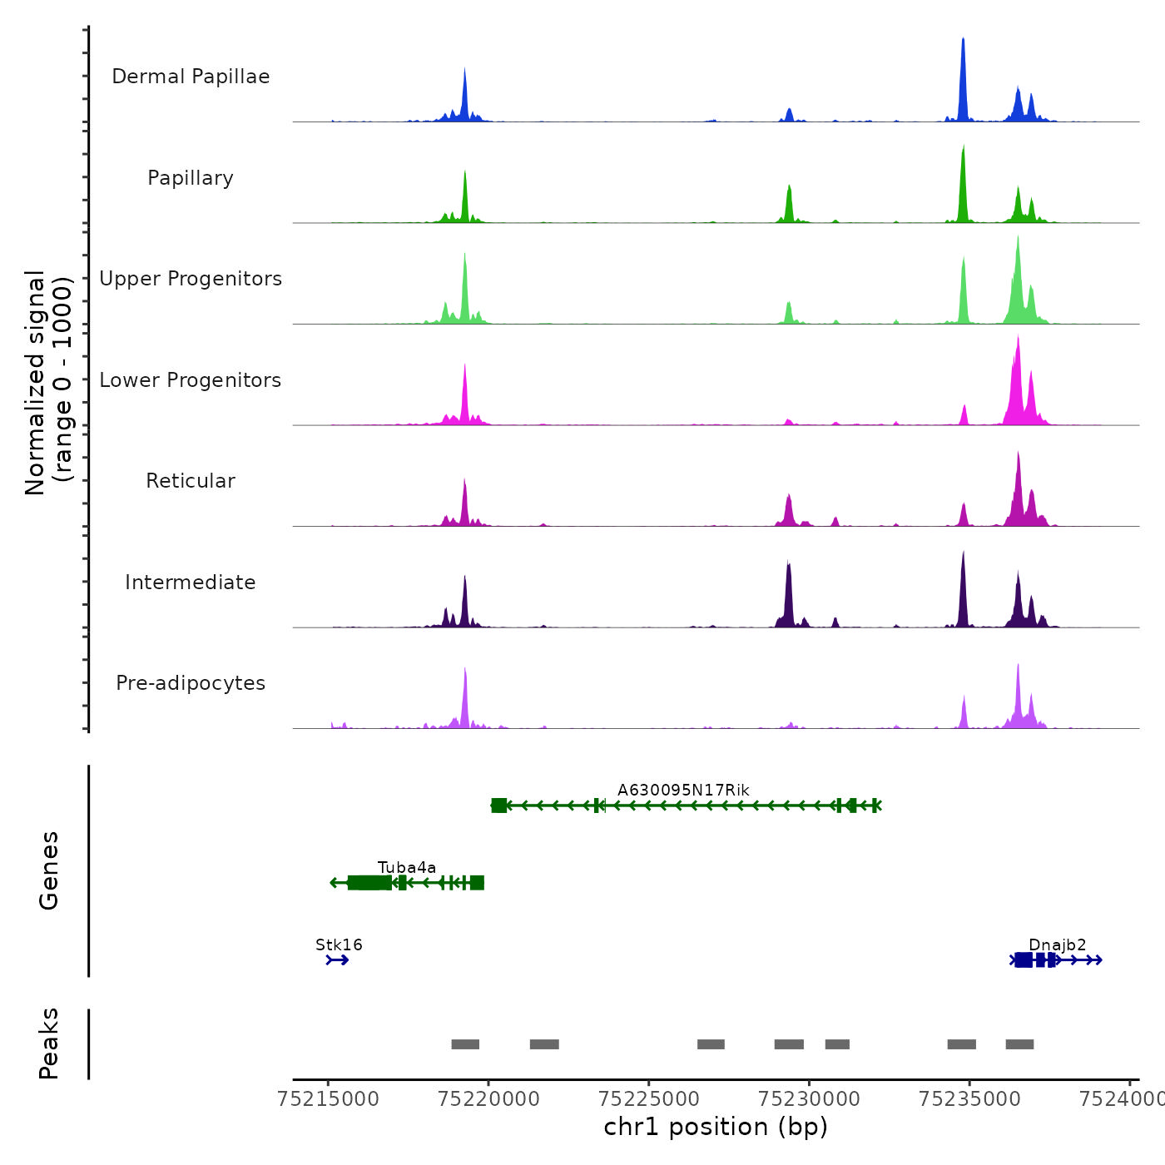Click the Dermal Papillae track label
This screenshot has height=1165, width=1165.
pyautogui.click(x=191, y=77)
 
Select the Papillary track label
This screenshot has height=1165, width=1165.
pyautogui.click(x=191, y=178)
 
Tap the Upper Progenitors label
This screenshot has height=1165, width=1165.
pyautogui.click(x=191, y=279)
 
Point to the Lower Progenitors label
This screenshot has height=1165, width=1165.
pyautogui.click(x=191, y=380)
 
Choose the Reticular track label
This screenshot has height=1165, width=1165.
pyautogui.click(x=191, y=481)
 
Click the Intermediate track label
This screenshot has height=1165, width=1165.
pyautogui.click(x=191, y=582)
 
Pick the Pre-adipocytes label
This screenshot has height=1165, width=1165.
pyautogui.click(x=191, y=683)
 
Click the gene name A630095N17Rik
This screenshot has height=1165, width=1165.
pyautogui.click(x=683, y=791)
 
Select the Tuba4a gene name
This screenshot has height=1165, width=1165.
pyautogui.click(x=407, y=868)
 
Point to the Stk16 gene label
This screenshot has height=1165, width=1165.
pyautogui.click(x=339, y=945)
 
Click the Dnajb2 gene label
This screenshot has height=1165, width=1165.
pyautogui.click(x=1058, y=945)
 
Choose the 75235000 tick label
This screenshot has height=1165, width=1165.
pyautogui.click(x=969, y=1099)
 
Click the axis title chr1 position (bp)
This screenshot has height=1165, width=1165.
pyautogui.click(x=716, y=1127)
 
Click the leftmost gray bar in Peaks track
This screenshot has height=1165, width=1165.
pyautogui.click(x=465, y=1044)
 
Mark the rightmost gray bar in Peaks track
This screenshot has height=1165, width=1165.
pyautogui.click(x=1019, y=1044)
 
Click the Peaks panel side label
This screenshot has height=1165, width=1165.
pyautogui.click(x=48, y=1044)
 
